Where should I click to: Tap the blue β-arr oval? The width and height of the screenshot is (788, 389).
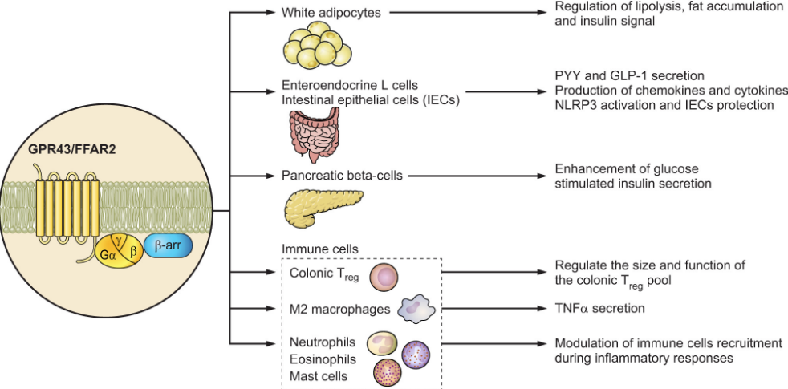point(168,249)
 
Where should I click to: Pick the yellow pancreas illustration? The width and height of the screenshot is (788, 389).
point(319,207)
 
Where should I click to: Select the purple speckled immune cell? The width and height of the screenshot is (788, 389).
point(416,353)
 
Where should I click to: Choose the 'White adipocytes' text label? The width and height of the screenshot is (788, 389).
point(325,13)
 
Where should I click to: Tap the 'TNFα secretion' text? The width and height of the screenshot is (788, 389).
point(599,308)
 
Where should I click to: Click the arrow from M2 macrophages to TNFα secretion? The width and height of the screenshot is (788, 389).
point(489,308)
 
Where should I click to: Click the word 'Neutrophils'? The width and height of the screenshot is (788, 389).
point(322,343)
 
